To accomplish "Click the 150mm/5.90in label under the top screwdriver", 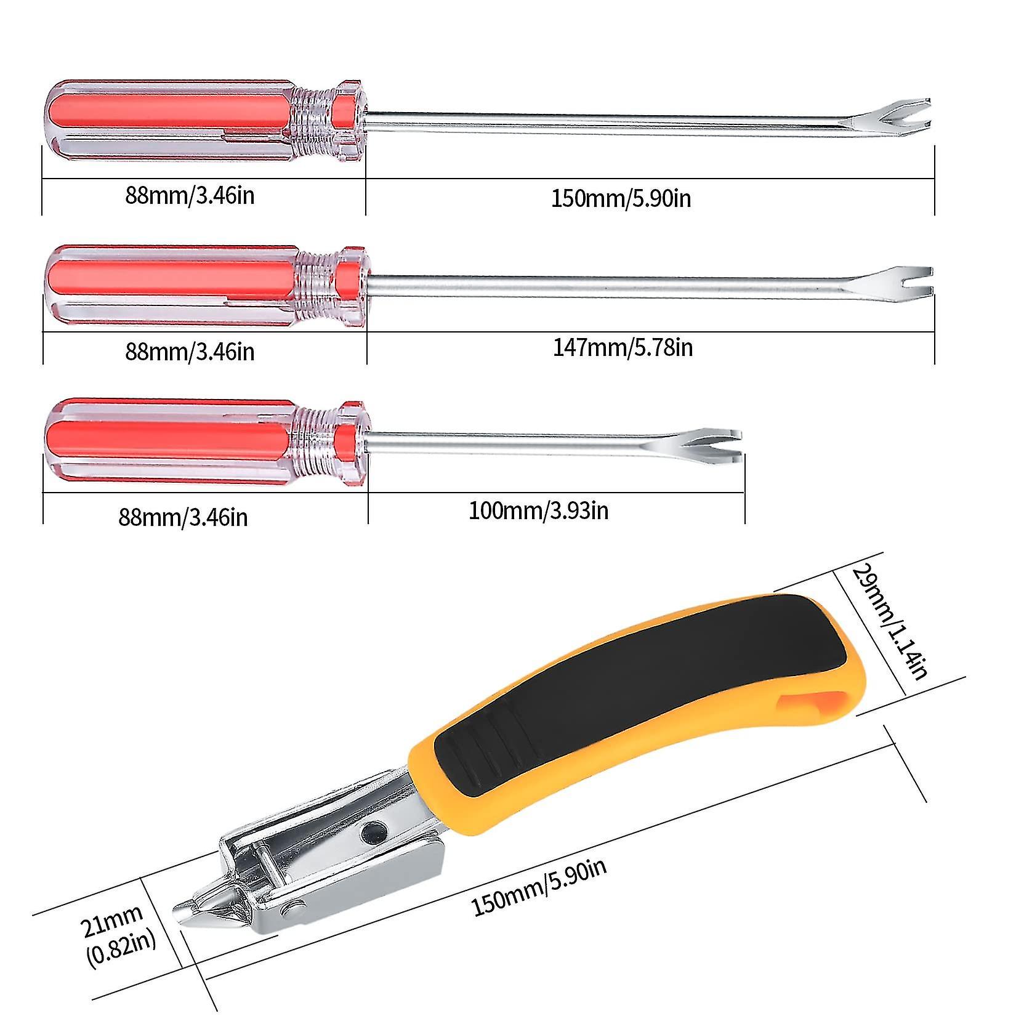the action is coord(621,198).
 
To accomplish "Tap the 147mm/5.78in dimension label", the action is coord(623,348).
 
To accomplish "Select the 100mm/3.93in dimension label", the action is coord(539,510).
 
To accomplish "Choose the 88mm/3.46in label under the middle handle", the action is coord(190,351).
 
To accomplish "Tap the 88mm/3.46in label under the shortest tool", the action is coord(183,516).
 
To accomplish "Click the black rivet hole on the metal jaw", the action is coord(371,833).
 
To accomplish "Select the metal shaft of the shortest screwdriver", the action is coord(530,443).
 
